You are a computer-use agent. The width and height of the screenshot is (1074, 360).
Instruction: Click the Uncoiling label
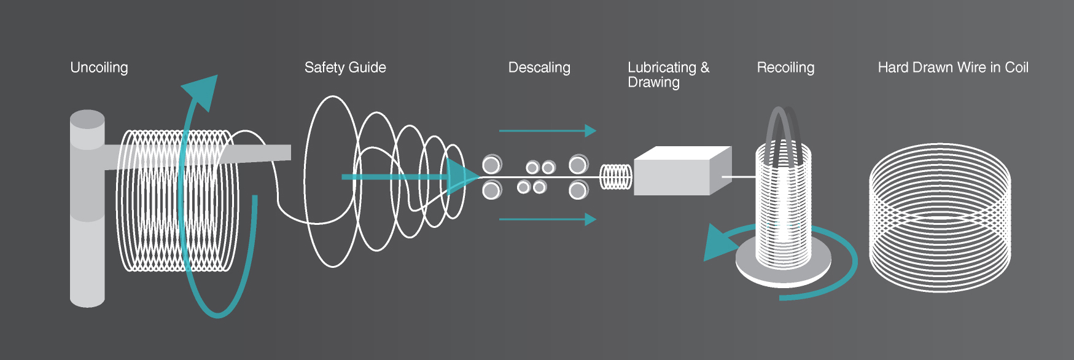(x=99, y=68)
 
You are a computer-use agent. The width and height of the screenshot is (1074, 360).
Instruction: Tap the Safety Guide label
(x=345, y=68)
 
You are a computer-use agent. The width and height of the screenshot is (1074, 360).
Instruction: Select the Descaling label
(x=539, y=68)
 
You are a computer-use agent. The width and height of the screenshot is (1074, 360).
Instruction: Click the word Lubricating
(x=662, y=68)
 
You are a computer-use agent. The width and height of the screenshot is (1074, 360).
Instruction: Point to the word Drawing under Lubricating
(x=653, y=82)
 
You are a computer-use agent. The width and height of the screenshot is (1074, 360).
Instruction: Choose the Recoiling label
(x=785, y=68)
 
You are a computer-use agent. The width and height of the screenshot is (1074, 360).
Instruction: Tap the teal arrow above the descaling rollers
(x=547, y=131)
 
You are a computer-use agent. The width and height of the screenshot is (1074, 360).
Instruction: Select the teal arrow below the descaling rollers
(x=547, y=219)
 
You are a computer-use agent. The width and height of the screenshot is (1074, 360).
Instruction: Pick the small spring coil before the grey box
(x=615, y=177)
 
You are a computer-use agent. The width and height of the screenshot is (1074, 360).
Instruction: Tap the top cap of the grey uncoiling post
(x=87, y=119)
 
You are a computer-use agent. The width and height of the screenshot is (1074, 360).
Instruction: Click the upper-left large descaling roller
(x=491, y=165)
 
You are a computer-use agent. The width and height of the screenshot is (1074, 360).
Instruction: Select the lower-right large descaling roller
(x=578, y=190)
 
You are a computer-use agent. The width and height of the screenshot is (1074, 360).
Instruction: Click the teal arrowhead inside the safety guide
(x=459, y=177)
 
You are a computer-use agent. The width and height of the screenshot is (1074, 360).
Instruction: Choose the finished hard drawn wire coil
(x=940, y=218)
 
